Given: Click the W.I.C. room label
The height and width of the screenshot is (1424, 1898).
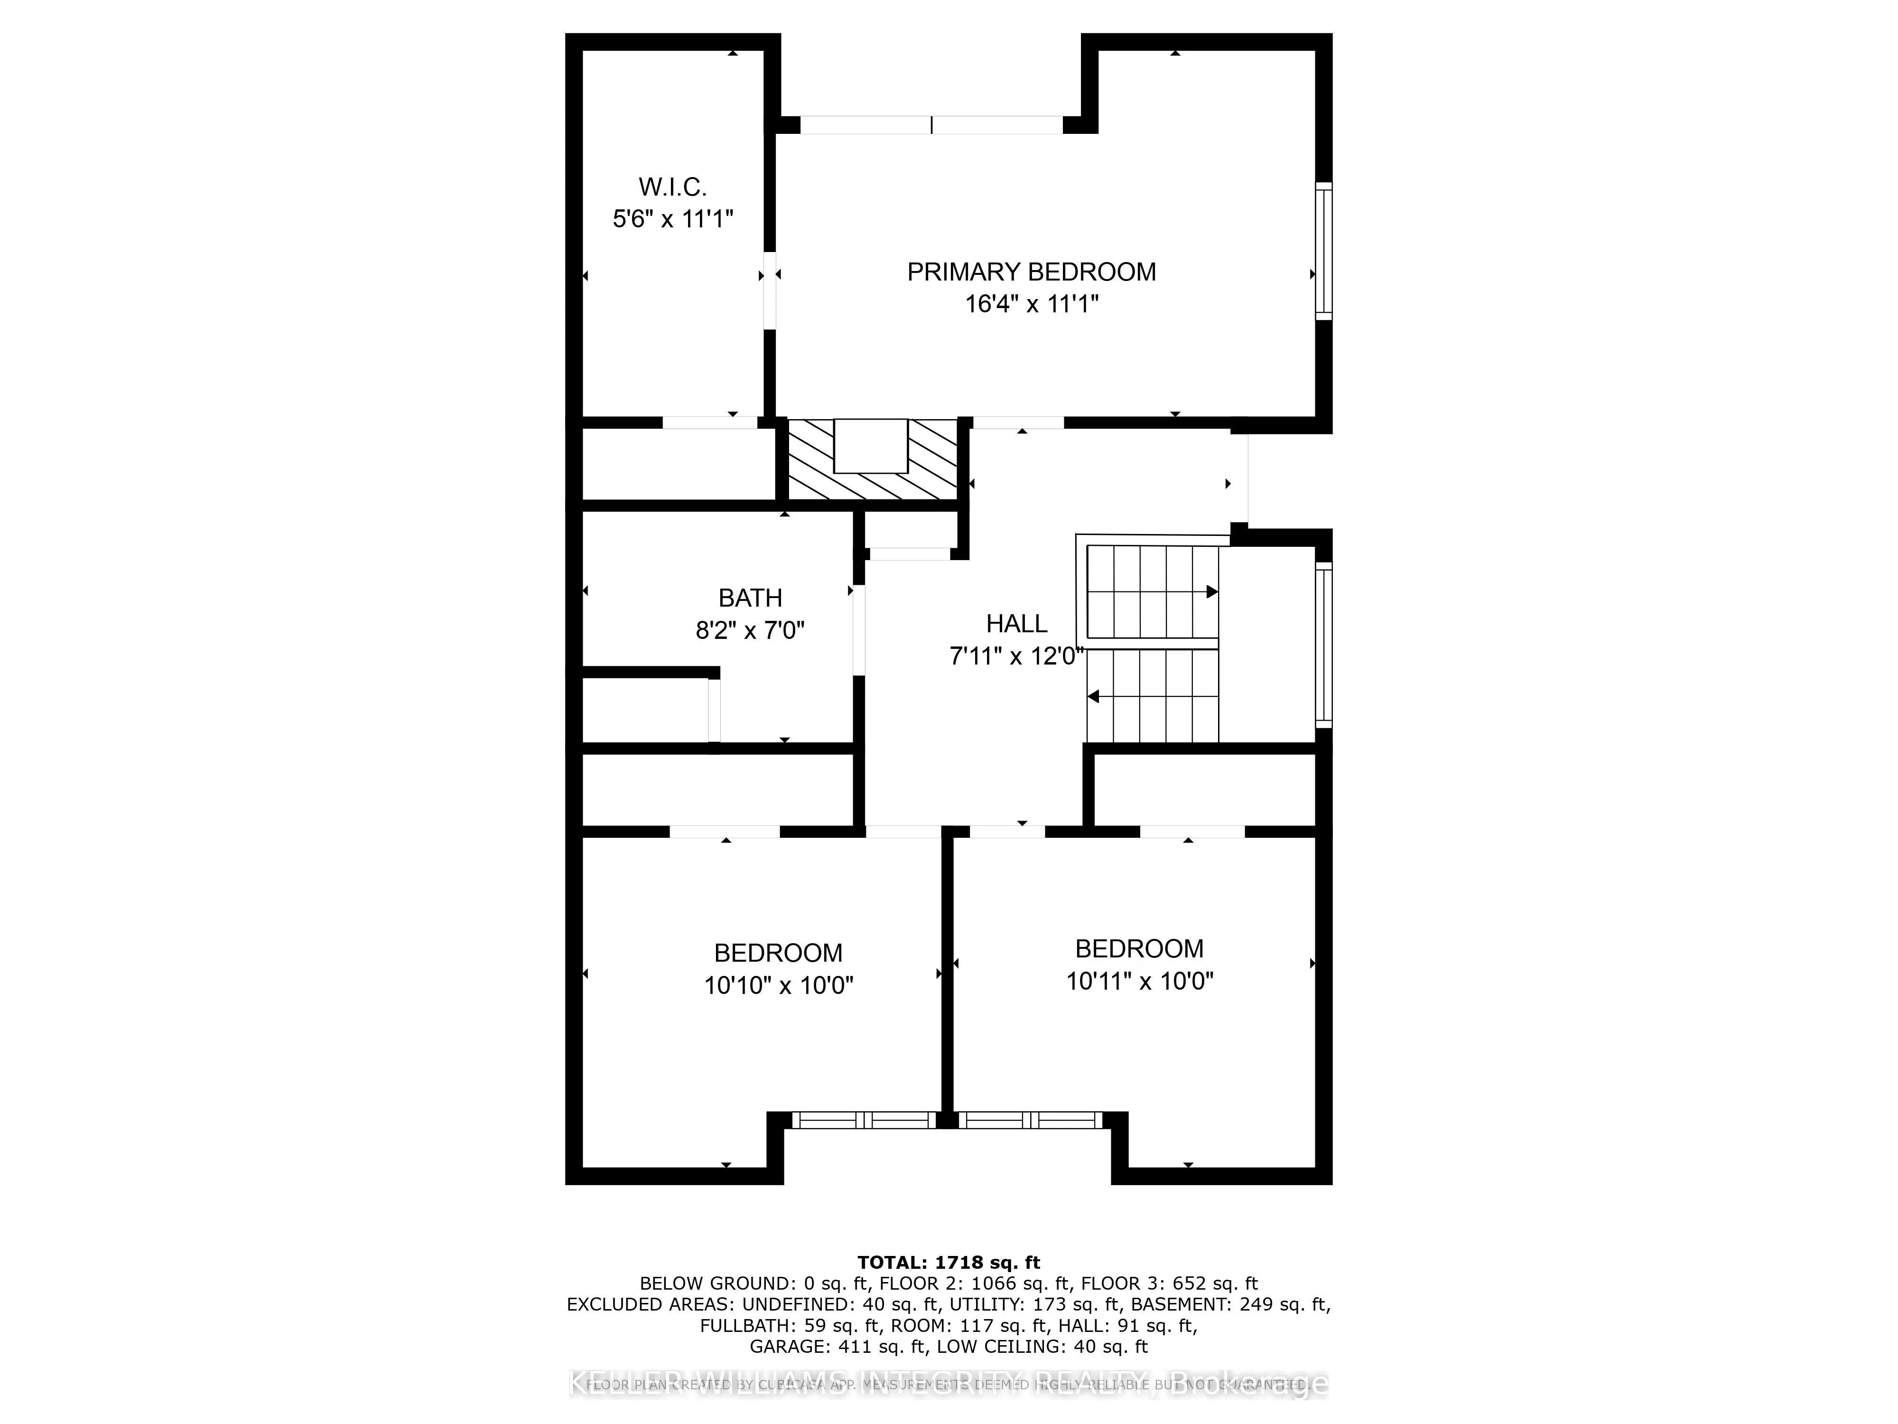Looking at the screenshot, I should click(x=673, y=186).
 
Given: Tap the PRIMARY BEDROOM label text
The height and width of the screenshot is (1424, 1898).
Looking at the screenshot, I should click(x=1032, y=272).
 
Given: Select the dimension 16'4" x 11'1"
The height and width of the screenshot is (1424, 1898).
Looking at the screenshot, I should click(x=1032, y=304).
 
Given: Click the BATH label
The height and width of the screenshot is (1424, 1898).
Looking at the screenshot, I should click(x=750, y=598).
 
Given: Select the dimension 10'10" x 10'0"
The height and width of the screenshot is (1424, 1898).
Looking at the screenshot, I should click(x=778, y=985).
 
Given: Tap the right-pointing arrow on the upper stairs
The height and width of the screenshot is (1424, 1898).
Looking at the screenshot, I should click(x=1211, y=591).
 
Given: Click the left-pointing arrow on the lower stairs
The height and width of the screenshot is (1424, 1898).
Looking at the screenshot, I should click(x=1094, y=697).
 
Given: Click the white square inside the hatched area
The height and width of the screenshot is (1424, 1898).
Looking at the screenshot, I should click(x=870, y=446).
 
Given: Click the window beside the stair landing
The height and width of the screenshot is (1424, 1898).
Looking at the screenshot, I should click(x=1324, y=645).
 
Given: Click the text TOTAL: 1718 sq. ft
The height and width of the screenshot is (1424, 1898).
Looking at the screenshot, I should click(x=948, y=1263).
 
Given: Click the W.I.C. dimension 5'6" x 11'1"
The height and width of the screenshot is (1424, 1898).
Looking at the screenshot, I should click(x=673, y=219).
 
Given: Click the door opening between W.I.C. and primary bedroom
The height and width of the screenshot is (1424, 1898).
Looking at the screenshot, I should click(x=770, y=290).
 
